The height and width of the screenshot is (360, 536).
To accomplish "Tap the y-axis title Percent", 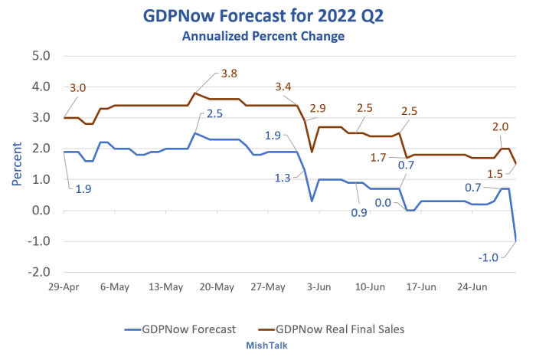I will coord(17,162).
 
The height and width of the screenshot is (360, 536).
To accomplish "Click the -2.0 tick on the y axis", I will coord(38,272).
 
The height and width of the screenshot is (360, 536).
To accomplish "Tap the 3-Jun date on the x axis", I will coord(319,287).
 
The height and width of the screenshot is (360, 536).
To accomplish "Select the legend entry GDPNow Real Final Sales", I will coord(349,329).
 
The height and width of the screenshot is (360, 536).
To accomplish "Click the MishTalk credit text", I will coord(266,346).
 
